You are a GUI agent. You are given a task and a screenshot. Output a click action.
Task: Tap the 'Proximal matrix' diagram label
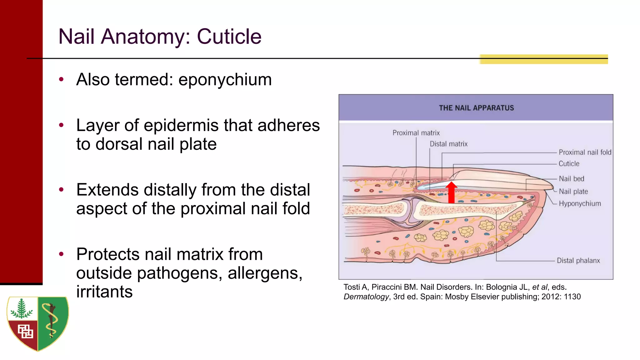(416, 133)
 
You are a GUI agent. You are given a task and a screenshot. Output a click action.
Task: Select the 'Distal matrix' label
(448, 144)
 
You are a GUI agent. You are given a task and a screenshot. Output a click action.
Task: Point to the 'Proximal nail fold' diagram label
(585, 152)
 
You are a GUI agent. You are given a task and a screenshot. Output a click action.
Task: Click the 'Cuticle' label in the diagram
(569, 164)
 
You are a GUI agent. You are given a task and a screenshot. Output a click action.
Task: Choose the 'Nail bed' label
(571, 179)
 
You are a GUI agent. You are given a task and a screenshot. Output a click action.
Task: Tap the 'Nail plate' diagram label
(573, 192)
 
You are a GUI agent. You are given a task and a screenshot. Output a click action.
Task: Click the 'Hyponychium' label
(580, 204)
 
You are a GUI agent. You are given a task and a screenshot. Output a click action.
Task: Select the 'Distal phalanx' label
(578, 261)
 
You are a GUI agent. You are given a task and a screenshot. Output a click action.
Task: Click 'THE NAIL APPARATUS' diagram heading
(476, 108)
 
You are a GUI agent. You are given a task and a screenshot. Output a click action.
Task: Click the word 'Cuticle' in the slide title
(229, 37)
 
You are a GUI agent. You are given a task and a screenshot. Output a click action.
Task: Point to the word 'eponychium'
(225, 79)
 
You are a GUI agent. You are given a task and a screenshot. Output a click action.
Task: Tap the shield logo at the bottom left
(38, 323)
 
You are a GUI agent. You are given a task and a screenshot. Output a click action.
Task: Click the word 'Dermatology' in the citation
(366, 297)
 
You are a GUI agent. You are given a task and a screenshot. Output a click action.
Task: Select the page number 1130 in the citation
(572, 297)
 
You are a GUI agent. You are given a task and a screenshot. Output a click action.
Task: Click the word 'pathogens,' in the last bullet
(180, 273)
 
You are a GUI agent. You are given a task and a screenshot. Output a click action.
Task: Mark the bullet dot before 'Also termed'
(61, 79)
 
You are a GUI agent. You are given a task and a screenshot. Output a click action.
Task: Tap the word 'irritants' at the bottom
(104, 292)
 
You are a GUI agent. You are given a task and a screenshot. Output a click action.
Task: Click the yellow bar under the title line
(543, 59)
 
